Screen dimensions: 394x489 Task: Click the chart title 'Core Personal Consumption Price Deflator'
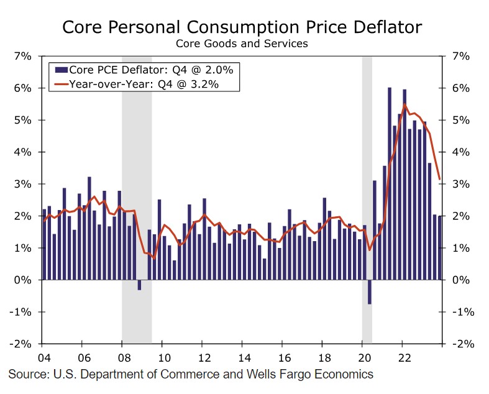click(242, 27)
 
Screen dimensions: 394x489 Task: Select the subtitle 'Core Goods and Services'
click(242, 44)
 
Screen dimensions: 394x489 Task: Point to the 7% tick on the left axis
click(23, 57)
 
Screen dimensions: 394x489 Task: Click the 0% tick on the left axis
click(23, 280)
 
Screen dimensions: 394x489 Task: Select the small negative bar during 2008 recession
click(139, 285)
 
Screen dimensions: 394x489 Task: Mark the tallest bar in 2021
click(390, 183)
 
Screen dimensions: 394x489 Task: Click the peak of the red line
click(404, 104)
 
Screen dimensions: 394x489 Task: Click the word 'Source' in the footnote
click(27, 374)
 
